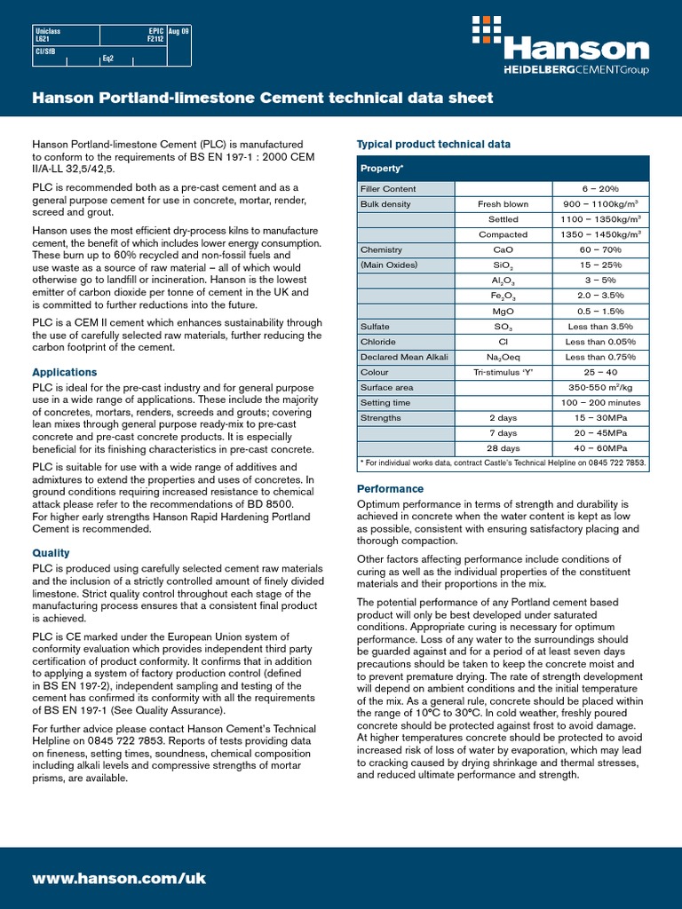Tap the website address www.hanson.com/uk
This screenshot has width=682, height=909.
(119, 878)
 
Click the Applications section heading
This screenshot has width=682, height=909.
(65, 373)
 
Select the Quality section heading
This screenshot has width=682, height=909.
(51, 553)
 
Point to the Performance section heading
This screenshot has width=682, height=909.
(390, 489)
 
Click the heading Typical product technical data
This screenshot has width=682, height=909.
(433, 144)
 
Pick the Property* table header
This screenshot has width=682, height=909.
(381, 168)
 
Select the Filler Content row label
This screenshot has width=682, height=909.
(388, 189)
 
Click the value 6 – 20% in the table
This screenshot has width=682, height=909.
(601, 189)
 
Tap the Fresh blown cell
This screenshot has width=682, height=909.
(503, 204)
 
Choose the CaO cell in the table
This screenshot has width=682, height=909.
(503, 250)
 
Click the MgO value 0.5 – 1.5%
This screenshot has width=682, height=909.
(601, 312)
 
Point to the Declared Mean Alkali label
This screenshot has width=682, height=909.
(404, 357)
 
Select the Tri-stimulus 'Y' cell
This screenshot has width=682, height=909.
(503, 373)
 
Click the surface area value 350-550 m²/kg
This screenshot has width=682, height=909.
(601, 388)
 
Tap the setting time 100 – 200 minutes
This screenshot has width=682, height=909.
(601, 403)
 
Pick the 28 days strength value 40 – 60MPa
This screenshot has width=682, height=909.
(601, 448)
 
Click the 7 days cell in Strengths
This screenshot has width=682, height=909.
(503, 433)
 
